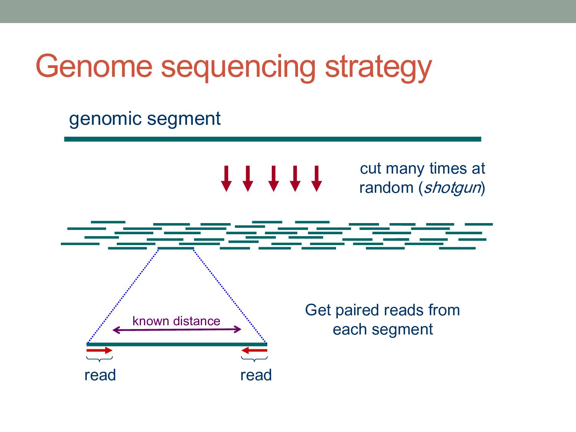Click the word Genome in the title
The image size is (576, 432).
[x=94, y=66]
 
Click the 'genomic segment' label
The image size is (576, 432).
[x=145, y=119]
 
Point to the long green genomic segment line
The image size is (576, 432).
[x=273, y=139]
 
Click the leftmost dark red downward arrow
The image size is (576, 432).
[x=226, y=179]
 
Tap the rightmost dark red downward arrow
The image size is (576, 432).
[x=316, y=179]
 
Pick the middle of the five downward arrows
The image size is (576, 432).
[x=273, y=179]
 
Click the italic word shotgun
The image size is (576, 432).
[x=452, y=188]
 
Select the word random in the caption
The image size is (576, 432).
[x=386, y=188]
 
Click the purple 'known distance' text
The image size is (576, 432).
[x=176, y=321]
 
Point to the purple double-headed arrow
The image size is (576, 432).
[x=177, y=329]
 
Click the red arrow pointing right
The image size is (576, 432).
[x=99, y=350]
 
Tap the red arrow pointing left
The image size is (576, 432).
[x=254, y=350]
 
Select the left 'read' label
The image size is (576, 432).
[x=100, y=375]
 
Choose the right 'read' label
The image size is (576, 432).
[x=256, y=375]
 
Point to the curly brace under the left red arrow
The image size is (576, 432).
[x=99, y=359]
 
